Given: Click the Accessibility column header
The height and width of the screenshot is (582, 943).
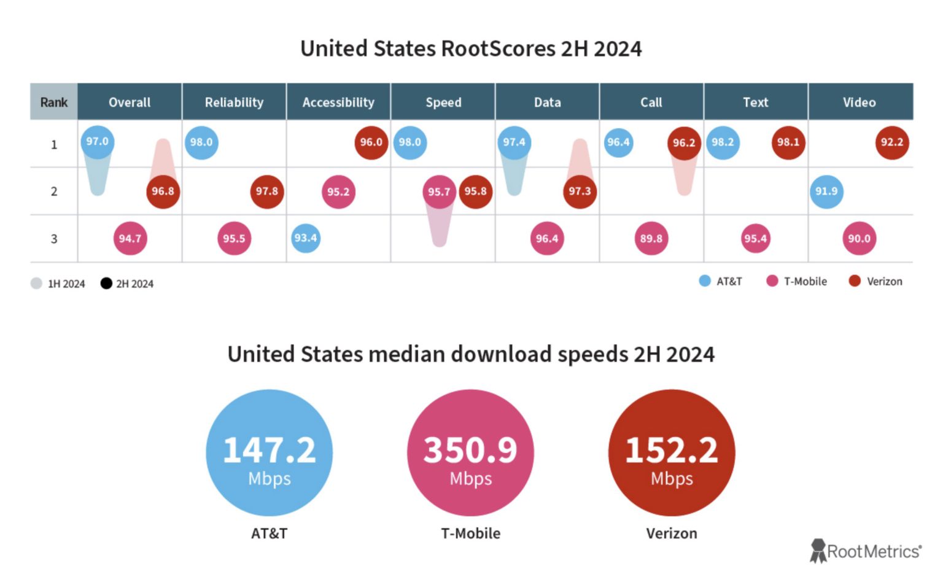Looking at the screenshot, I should pyautogui.click(x=338, y=102).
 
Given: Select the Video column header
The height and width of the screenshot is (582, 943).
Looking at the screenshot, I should pyautogui.click(x=860, y=102).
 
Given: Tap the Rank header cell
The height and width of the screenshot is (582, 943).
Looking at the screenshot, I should pyautogui.click(x=54, y=102).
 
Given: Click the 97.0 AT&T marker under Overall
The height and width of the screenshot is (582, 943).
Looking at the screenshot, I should pyautogui.click(x=97, y=142).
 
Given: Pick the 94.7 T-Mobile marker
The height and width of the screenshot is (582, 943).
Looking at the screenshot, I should pyautogui.click(x=130, y=238).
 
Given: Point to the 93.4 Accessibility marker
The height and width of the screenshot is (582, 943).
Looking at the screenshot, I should pyautogui.click(x=305, y=238).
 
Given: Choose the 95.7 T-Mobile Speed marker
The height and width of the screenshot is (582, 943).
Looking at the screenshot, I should pyautogui.click(x=439, y=192).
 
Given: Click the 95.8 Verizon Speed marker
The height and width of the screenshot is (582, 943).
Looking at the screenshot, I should pyautogui.click(x=475, y=192).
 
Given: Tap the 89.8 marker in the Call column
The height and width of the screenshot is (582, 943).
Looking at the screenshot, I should pyautogui.click(x=651, y=238).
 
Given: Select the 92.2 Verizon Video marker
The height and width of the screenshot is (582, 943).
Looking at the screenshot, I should pyautogui.click(x=891, y=142).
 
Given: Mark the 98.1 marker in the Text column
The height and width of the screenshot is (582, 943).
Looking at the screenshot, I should pyautogui.click(x=788, y=142).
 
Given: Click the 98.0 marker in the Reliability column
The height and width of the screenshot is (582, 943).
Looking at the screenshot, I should pyautogui.click(x=201, y=142).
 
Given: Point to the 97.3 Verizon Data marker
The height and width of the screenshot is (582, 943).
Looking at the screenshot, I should pyautogui.click(x=579, y=192).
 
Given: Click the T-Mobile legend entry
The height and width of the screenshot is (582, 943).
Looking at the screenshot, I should pyautogui.click(x=797, y=281).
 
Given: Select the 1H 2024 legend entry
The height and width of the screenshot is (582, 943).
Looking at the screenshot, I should pyautogui.click(x=58, y=284).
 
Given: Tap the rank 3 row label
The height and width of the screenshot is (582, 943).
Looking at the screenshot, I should pyautogui.click(x=54, y=238).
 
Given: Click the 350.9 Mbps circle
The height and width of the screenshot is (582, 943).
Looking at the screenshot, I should pyautogui.click(x=470, y=453).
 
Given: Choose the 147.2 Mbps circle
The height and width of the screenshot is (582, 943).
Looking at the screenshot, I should pyautogui.click(x=269, y=453).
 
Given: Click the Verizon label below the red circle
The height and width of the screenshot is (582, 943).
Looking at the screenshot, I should pyautogui.click(x=671, y=533).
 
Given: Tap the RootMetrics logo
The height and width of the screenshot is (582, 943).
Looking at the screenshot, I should pyautogui.click(x=866, y=551).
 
